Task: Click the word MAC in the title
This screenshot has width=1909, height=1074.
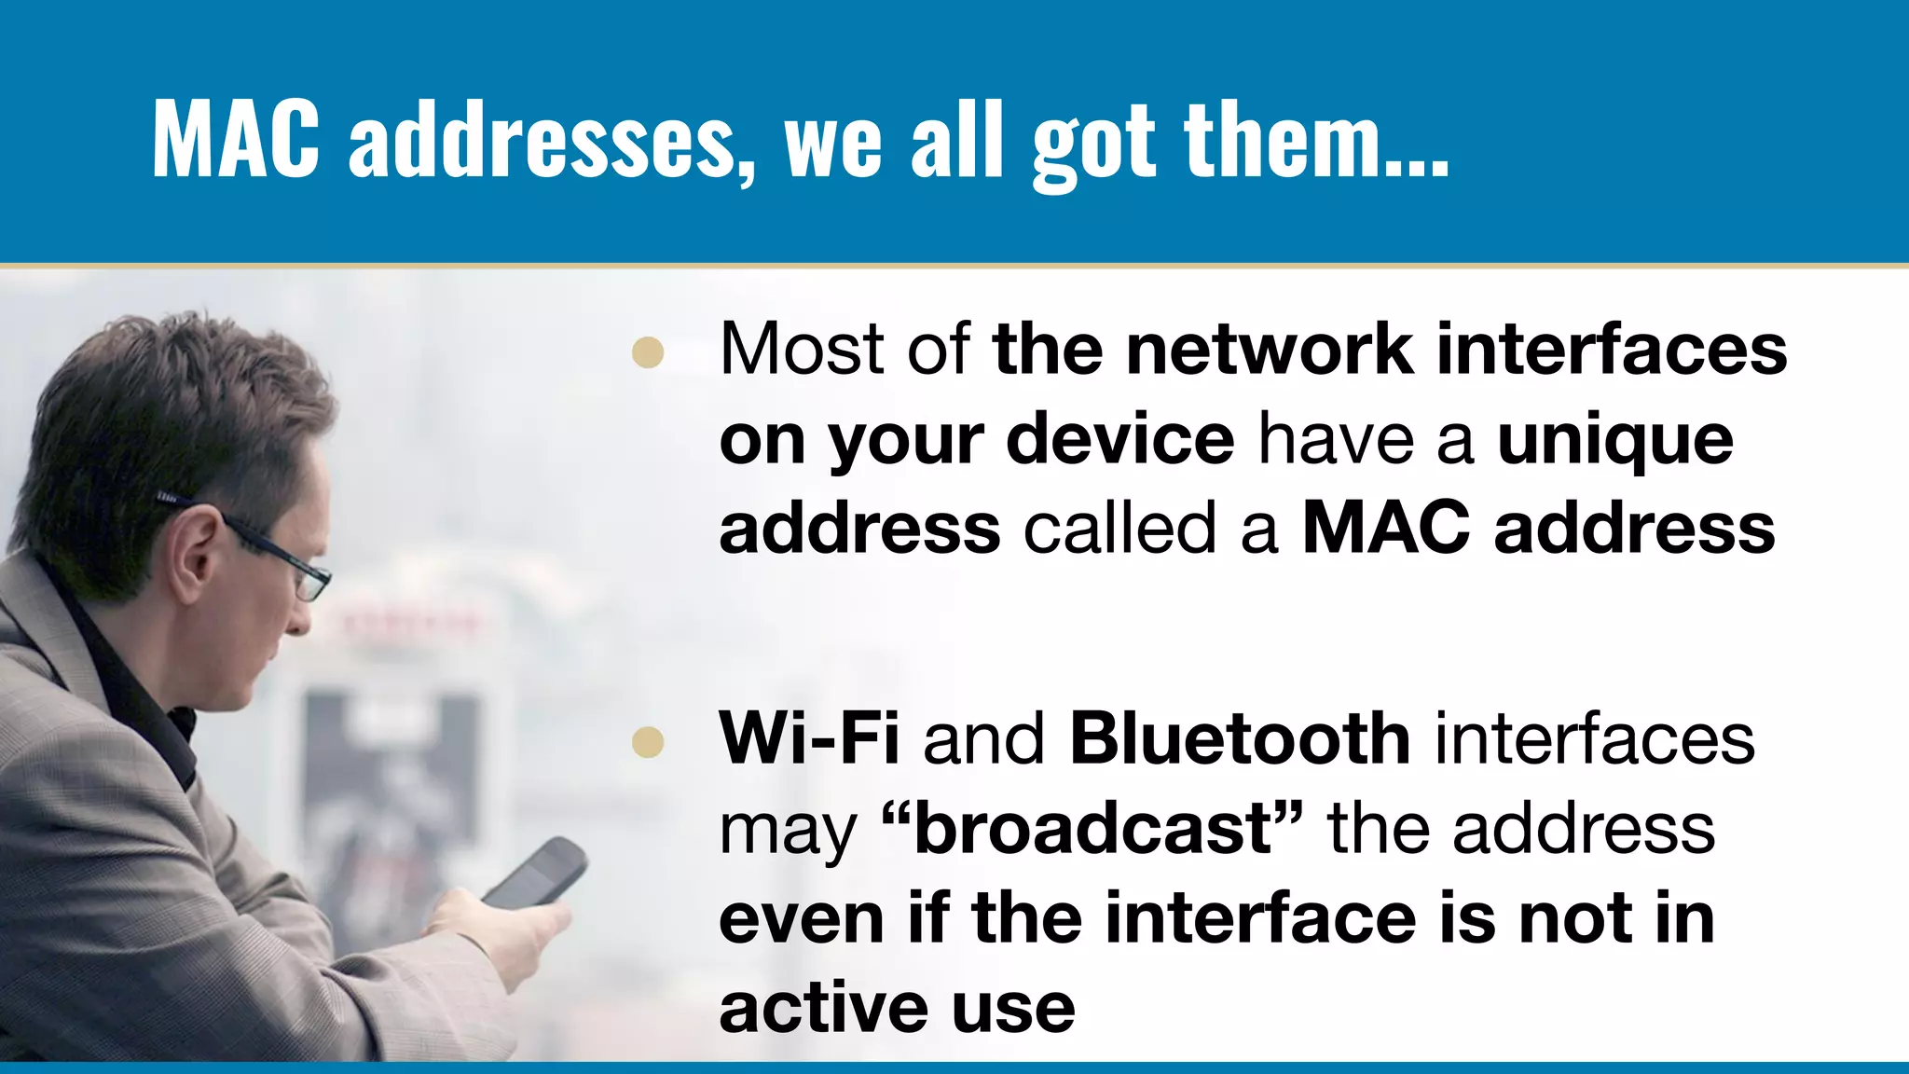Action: click(236, 140)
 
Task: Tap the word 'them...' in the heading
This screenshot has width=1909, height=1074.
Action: click(1315, 140)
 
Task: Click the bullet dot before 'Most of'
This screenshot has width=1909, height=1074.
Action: click(647, 352)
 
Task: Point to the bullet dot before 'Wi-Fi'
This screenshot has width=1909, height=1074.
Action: click(647, 742)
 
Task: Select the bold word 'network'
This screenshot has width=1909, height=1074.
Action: click(1268, 349)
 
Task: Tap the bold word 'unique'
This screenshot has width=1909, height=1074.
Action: click(1614, 440)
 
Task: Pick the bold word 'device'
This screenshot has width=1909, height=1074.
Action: click(1120, 440)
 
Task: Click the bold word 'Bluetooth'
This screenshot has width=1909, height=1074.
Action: click(1240, 738)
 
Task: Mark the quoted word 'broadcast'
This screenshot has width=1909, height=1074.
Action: click(1092, 828)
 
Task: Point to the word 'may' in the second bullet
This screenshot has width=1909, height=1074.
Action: click(788, 832)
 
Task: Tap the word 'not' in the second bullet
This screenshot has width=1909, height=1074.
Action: click(1573, 918)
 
